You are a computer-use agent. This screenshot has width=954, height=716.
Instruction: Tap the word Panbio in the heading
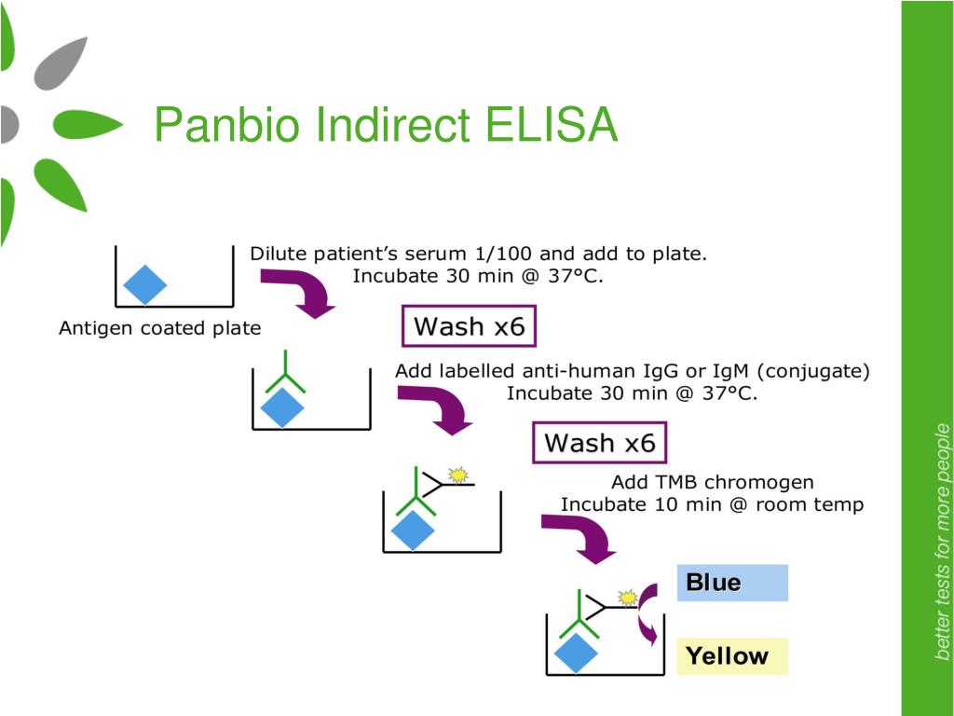pos(227,124)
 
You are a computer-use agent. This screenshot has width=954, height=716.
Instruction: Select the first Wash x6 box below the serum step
pos(470,326)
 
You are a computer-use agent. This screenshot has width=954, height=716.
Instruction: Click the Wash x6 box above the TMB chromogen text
pos(599,443)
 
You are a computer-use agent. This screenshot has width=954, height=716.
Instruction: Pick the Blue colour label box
pos(732,583)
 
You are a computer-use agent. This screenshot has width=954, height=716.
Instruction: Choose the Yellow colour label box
pos(732,656)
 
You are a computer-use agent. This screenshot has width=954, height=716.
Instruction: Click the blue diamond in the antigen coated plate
pos(144,284)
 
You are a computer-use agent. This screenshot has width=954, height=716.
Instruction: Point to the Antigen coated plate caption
pos(159,328)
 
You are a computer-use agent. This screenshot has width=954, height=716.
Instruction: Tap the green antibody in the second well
pos(285,371)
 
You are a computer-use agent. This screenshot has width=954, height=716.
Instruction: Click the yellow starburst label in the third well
pos(458,475)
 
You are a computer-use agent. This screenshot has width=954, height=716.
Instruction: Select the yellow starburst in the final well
pos(627,598)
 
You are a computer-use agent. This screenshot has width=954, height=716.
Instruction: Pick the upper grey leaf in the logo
pos(61,63)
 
